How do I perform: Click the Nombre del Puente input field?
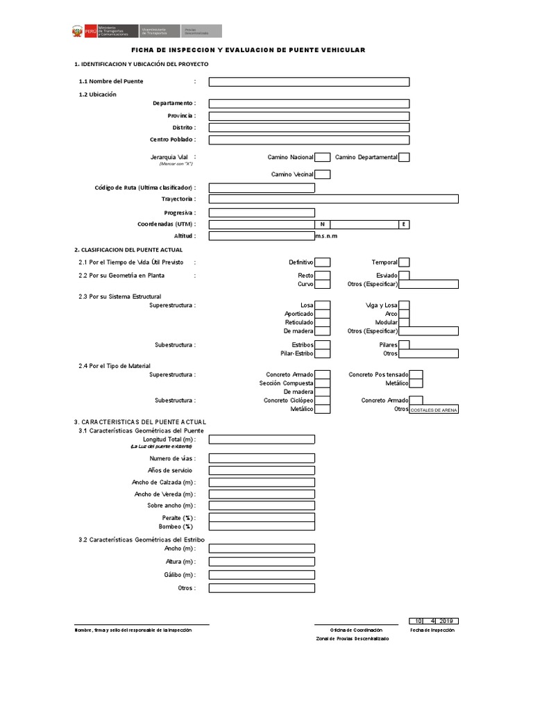point(309,82)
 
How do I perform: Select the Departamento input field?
point(309,103)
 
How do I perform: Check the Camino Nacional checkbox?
point(322,158)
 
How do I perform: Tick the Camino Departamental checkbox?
point(404,158)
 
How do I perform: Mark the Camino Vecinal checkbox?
point(322,174)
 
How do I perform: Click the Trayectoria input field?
point(333,199)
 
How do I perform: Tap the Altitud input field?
point(261,236)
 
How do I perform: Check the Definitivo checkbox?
point(322,262)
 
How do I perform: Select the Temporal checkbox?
point(404,262)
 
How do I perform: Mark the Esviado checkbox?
point(404,276)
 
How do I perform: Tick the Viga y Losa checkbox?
point(404,305)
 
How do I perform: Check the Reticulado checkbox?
point(322,322)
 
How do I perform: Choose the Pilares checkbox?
point(404,344)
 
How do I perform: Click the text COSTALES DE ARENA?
point(434,410)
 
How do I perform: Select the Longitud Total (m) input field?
point(261,439)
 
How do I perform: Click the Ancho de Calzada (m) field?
point(261,482)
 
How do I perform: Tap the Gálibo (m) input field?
point(261,575)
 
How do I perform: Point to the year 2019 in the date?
point(448,621)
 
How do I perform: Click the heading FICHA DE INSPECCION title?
point(248,50)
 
